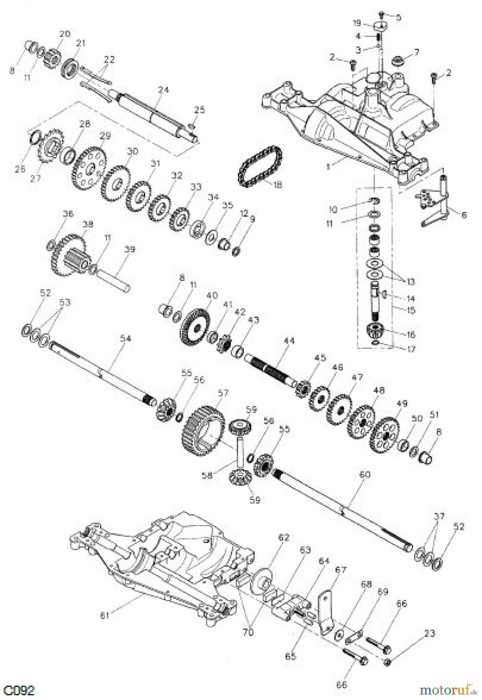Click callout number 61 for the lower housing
click(105, 615)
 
